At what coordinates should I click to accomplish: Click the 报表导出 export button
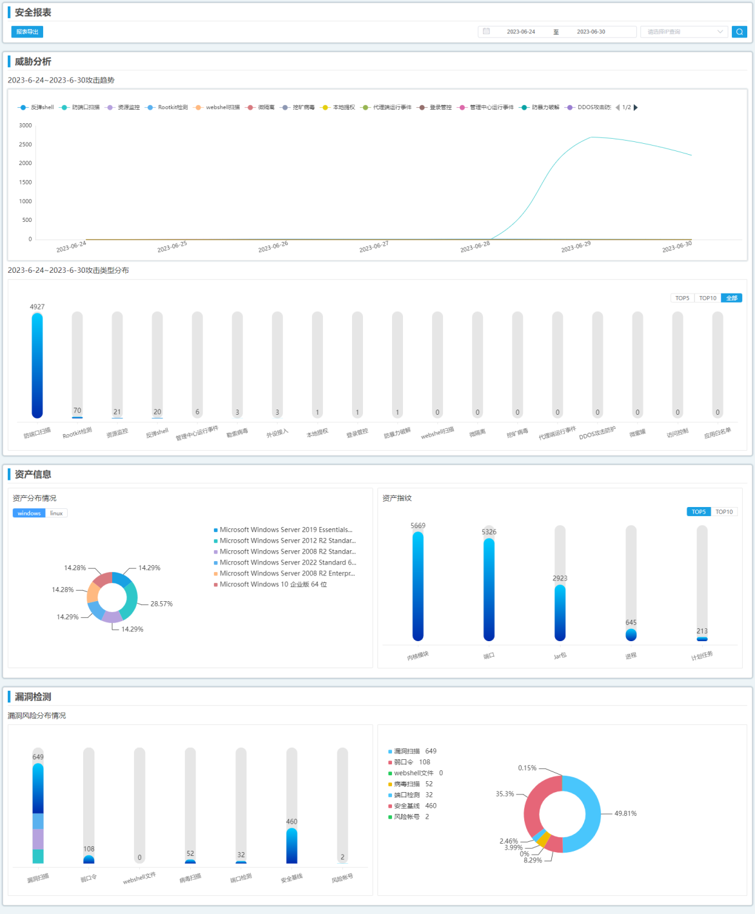27,32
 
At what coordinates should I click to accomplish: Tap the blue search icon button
739,32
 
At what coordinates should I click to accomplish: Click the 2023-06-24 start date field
520,32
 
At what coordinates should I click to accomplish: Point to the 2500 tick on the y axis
25,144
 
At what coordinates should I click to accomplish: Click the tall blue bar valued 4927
37,364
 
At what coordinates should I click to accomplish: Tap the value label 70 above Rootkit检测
77,410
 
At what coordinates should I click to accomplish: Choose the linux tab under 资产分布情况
57,513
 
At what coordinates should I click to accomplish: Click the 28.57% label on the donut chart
161,604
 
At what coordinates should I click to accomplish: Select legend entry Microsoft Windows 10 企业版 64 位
273,584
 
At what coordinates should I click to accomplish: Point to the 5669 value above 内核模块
418,526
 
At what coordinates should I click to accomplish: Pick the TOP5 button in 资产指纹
698,512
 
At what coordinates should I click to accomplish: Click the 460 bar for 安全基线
291,845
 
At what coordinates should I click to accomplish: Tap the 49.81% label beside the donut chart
625,813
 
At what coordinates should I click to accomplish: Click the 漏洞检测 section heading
33,697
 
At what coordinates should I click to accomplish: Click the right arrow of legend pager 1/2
636,108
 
